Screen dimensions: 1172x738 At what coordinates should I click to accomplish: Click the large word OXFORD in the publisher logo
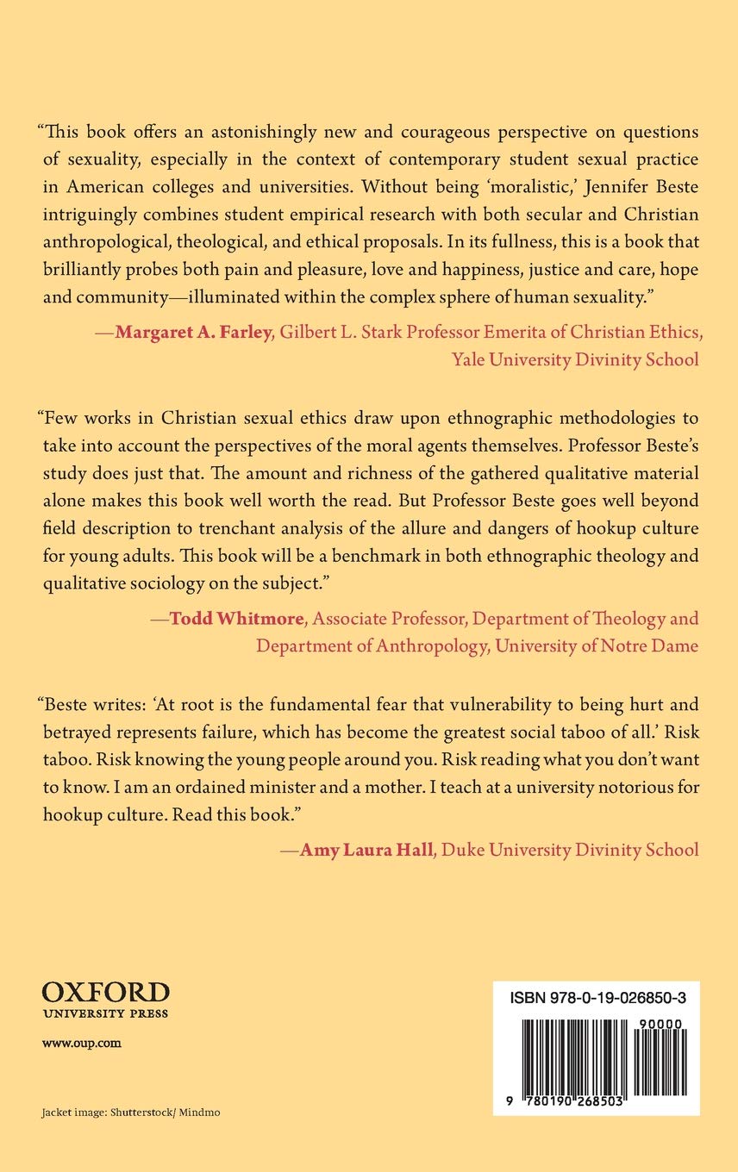pyautogui.click(x=105, y=991)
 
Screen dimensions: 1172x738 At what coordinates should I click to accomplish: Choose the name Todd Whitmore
pyautogui.click(x=235, y=618)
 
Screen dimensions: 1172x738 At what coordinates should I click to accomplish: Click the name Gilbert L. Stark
pyautogui.click(x=335, y=335)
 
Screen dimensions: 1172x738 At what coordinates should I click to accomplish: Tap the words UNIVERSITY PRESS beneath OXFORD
pyautogui.click(x=105, y=1013)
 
